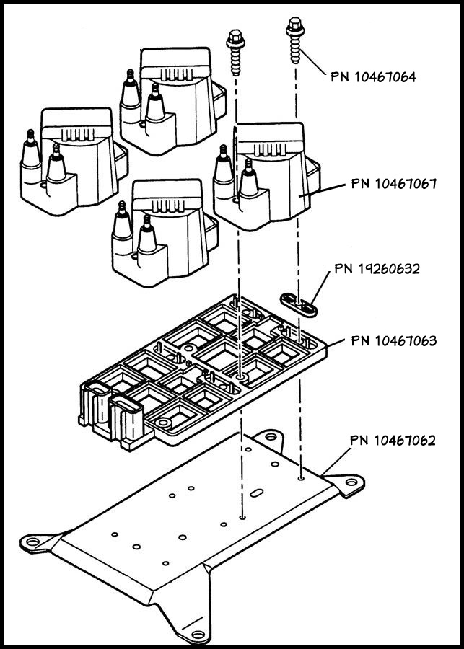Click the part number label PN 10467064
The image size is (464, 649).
373,76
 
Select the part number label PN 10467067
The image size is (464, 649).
394,183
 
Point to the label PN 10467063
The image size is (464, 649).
393,340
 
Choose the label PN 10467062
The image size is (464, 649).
393,439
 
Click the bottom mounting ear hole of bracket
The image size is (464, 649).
194,635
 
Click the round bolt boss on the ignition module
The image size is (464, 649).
240,376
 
